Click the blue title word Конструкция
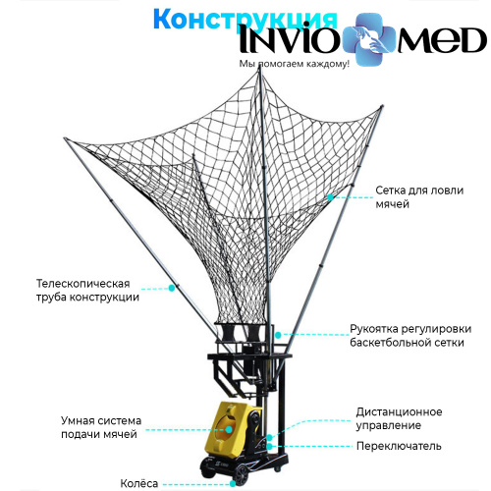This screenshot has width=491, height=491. point(245,20)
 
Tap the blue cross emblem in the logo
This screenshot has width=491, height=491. point(369,39)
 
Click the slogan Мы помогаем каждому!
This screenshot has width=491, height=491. point(295,64)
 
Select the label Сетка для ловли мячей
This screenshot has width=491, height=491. point(419,197)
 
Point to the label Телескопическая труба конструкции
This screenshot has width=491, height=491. point(87,291)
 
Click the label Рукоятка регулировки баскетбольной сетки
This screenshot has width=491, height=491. point(410,336)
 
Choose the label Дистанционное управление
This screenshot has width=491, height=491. point(399,418)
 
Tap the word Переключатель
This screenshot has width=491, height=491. point(399,446)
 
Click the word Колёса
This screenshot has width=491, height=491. point(139,483)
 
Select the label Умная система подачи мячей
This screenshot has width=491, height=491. point(101,427)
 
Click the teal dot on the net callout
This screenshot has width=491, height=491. point(330,197)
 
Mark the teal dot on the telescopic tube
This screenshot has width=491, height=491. point(172,288)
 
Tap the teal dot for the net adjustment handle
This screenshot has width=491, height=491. point(278,335)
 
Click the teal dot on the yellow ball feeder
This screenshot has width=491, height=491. point(229,429)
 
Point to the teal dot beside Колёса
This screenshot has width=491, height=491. point(233,483)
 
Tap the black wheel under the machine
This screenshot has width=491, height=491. point(242,475)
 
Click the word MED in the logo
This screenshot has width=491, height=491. point(442,40)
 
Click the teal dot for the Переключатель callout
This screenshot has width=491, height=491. point(269,446)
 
